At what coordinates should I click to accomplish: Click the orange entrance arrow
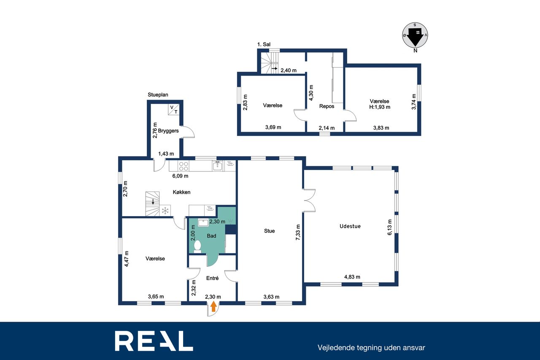click(x=213, y=307)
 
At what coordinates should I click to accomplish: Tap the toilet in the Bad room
click(x=197, y=246)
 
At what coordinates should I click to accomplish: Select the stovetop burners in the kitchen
click(x=184, y=166)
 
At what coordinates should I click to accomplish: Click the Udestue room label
click(x=350, y=226)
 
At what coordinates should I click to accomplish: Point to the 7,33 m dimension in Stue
click(x=298, y=232)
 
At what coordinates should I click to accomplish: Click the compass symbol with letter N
click(x=415, y=36)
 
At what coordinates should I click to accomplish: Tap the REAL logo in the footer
click(x=154, y=341)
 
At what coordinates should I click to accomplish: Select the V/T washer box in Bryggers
click(x=173, y=109)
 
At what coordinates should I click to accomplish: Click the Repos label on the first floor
click(x=327, y=106)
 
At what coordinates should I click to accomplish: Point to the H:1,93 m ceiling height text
click(x=380, y=107)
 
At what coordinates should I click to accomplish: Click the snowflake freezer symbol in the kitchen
click(x=165, y=211)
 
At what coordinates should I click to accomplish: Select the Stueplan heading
click(x=158, y=95)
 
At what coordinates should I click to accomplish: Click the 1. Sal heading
click(x=264, y=44)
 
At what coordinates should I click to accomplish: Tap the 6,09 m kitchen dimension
click(x=180, y=176)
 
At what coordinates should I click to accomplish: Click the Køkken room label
click(x=181, y=192)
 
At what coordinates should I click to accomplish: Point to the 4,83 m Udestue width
click(x=352, y=277)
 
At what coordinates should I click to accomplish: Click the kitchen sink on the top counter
click(x=218, y=166)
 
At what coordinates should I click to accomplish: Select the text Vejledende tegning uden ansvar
click(x=371, y=348)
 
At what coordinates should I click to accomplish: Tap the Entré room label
click(x=212, y=278)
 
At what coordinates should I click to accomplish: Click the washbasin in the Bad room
click(x=203, y=222)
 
